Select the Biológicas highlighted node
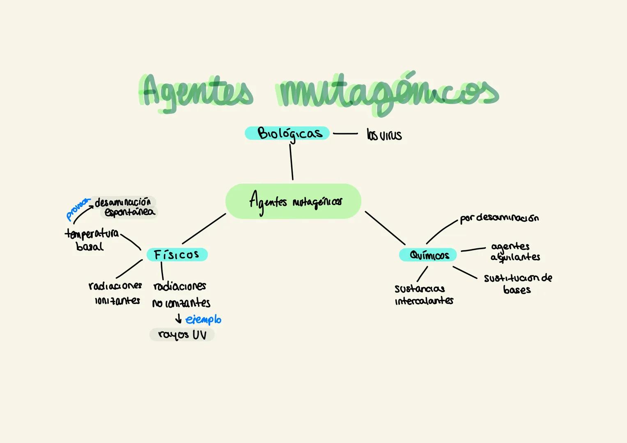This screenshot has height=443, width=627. pos(287,133)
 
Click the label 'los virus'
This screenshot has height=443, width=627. pos(384,135)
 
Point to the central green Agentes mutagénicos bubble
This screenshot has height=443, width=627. pos(293,201)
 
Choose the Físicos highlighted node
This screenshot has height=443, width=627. pos(177,255)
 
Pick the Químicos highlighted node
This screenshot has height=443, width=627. pos(428,255)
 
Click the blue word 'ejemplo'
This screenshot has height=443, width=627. pos(203,320)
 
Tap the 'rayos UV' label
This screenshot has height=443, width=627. pos(182,335)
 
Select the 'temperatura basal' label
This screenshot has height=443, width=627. pos(91,240)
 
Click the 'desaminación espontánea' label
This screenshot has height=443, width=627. pos(125,207)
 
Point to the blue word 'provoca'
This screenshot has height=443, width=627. pos(77,208)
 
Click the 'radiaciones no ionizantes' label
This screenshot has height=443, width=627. pos(181,295)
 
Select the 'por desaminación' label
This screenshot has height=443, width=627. pos(498,218)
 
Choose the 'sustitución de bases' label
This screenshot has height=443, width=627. pos(517,283)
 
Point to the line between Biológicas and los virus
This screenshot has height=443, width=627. pos(345,133)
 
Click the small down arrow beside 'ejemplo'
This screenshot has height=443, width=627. pos(178,318)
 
